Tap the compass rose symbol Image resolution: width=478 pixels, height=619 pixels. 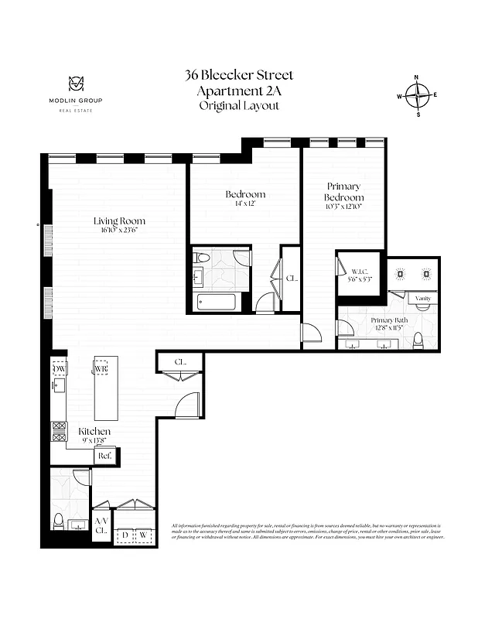coord(418,96)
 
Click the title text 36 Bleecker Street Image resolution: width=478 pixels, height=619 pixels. coord(239,76)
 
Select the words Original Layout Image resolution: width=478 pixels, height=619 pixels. coord(239,105)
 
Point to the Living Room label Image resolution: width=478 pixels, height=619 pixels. coord(120,221)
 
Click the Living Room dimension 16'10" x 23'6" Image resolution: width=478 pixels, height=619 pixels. coord(120,231)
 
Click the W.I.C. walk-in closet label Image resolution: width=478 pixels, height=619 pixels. coord(359,271)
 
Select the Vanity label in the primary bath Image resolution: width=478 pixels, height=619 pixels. coord(422,298)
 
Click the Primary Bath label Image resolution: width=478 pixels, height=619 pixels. coord(389,320)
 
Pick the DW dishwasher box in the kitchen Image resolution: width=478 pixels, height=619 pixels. coord(60,369)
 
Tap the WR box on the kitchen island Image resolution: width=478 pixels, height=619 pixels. coord(101,369)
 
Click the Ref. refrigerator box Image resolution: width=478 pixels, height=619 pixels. coord(104,457)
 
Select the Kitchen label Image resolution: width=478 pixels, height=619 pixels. coord(94,431)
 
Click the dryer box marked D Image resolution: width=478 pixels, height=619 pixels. coord(125,534)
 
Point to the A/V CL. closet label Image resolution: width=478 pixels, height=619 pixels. coord(101,526)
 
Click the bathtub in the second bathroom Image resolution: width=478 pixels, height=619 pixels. coord(220,302)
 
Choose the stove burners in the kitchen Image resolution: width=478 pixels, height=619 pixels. coord(59,432)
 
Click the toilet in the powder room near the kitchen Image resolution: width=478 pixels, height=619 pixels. coord(58,520)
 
